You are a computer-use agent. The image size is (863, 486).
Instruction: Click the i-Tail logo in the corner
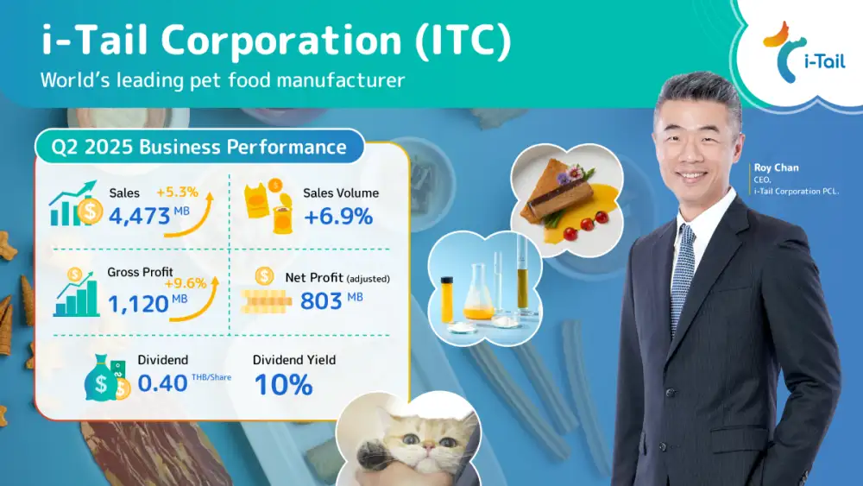tap(803, 53)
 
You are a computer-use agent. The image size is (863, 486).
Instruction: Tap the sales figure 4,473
tap(139, 217)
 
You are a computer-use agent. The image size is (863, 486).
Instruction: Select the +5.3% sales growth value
tap(177, 193)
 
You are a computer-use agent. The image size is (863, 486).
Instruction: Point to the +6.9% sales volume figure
tap(338, 217)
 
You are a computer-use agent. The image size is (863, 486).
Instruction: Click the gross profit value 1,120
tap(137, 303)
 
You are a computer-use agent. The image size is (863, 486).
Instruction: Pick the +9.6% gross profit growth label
tap(185, 283)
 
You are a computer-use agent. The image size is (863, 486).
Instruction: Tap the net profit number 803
tap(321, 301)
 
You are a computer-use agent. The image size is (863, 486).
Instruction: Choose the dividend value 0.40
tap(162, 383)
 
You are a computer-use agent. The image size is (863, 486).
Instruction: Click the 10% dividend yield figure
tap(283, 385)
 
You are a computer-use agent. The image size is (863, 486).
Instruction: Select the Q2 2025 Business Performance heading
tap(198, 147)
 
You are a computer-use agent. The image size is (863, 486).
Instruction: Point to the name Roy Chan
tap(776, 167)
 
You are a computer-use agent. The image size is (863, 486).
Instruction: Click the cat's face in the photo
tap(421, 439)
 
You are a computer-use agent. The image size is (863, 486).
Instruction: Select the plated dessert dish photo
tap(567, 200)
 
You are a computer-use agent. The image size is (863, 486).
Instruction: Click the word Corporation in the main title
tap(281, 41)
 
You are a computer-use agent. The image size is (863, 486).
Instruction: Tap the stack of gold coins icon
tap(267, 301)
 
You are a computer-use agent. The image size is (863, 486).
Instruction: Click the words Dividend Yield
tap(294, 360)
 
